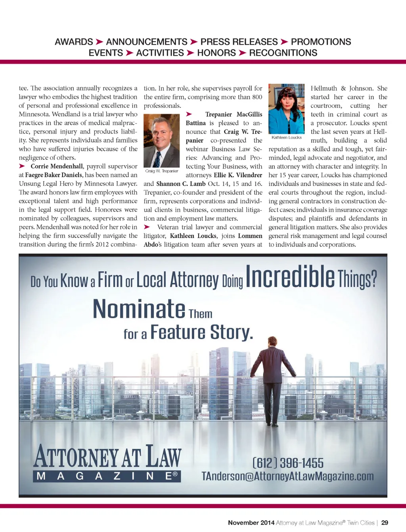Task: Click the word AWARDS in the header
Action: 74,42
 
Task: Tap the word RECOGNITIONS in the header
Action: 283,53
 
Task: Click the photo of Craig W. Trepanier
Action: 161,141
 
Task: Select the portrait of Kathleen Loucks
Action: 286,108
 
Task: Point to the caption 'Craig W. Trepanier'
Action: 162,171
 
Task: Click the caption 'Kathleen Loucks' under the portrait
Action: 287,137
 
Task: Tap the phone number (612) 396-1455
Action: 288,463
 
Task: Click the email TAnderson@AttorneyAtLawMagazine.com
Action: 287,476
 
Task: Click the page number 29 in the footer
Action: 385,522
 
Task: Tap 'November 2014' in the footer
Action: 251,522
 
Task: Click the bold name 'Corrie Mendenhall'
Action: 57,166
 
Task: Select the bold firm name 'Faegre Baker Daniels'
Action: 54,175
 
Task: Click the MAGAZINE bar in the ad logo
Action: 107,476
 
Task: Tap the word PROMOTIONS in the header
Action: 321,42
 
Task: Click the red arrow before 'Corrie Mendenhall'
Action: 22,166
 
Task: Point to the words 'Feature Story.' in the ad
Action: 201,332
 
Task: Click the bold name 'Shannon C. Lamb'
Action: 181,184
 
